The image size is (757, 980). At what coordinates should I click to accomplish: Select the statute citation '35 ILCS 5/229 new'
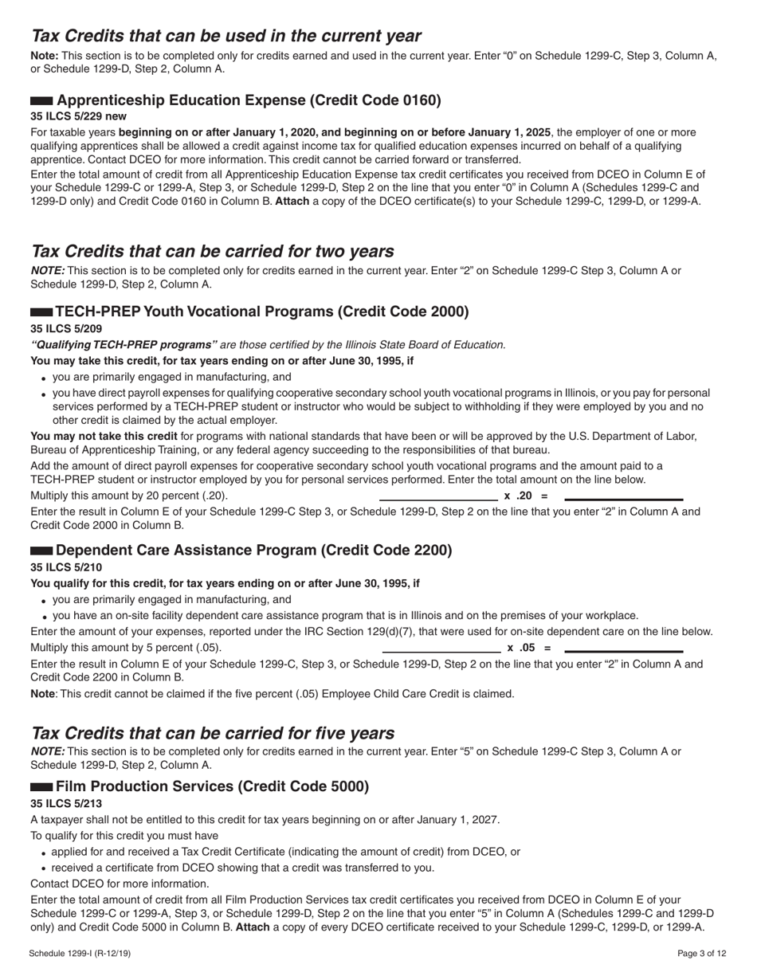tap(78, 116)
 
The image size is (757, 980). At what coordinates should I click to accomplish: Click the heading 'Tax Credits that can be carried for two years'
tap(212, 251)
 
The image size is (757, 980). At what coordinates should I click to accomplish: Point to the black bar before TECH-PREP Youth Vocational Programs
tap(41, 312)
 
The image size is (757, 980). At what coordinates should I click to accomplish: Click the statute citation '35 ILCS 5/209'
tap(66, 328)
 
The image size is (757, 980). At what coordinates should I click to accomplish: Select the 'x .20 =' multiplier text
tap(527, 496)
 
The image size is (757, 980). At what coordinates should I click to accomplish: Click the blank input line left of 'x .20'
tap(438, 500)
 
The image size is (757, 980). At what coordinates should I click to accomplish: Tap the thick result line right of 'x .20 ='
tap(623, 500)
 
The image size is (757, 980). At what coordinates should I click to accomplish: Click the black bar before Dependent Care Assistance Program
tap(41, 551)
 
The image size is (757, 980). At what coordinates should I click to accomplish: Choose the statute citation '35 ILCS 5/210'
tap(66, 567)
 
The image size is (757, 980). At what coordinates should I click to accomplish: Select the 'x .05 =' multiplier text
tap(528, 648)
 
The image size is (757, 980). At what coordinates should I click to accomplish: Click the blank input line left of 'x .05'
tap(441, 652)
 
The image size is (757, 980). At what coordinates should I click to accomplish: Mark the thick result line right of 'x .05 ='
tap(623, 652)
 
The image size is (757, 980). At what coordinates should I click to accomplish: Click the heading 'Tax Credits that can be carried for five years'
tap(212, 733)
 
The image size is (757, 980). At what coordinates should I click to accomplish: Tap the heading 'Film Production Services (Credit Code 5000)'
tap(212, 786)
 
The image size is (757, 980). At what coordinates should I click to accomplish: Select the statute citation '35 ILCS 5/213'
tap(66, 803)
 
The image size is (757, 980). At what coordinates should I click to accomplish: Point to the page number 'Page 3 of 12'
tap(702, 954)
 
